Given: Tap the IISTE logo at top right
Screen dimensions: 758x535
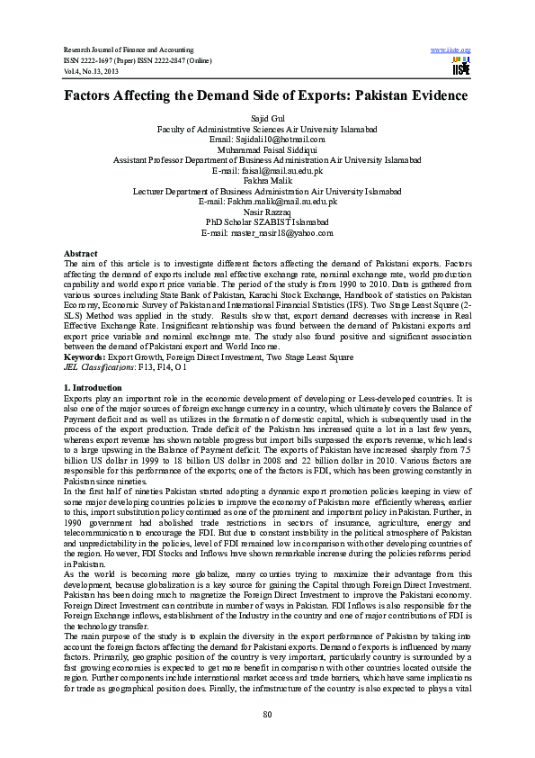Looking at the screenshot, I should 461,67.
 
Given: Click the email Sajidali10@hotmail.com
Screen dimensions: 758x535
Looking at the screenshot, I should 267,140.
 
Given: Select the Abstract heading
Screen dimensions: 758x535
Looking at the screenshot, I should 81,254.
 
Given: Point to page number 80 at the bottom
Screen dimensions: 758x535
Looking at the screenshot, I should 267,714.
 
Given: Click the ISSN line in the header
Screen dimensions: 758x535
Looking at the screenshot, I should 144,59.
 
